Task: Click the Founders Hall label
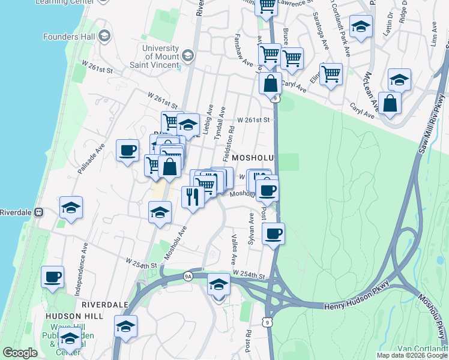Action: pos(68,37)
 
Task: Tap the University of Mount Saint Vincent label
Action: pos(161,56)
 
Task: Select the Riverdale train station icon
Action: pos(39,212)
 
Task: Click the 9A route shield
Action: pos(188,276)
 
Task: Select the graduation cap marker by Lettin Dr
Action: pos(361,26)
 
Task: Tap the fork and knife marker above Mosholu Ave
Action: pos(193,196)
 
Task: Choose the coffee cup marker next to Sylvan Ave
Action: pos(273,233)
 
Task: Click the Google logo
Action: pos(20,353)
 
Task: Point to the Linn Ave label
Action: pos(433,35)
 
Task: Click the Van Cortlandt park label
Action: pos(423,349)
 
